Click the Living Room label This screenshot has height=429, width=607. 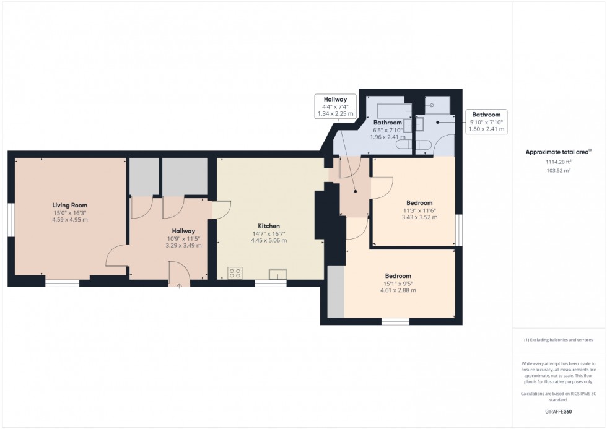(69, 205)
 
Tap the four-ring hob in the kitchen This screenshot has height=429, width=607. (235, 273)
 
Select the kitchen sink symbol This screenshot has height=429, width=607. (277, 274)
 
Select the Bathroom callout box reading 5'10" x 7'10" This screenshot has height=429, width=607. (486, 122)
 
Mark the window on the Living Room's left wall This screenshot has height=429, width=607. (11, 220)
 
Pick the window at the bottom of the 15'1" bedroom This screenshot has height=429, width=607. (395, 321)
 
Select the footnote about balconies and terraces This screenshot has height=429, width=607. (558, 340)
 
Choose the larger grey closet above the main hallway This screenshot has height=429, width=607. (185, 177)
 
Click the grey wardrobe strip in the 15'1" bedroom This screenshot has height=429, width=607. (336, 292)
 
